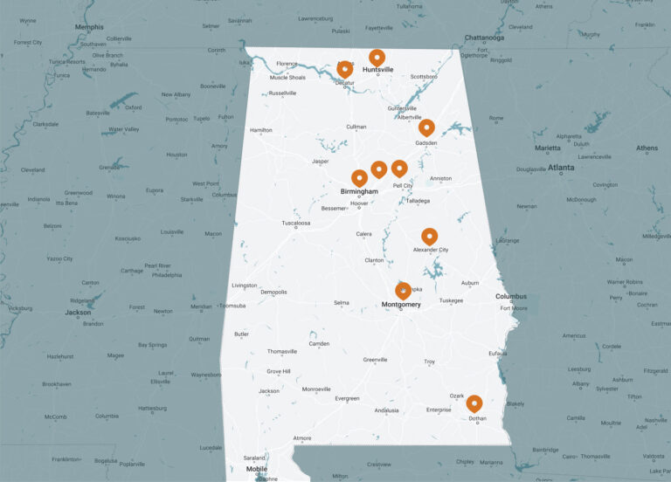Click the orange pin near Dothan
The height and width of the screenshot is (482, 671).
click(x=474, y=403)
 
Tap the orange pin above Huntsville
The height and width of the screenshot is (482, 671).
click(x=377, y=58)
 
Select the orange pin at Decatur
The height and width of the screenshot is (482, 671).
click(x=345, y=69)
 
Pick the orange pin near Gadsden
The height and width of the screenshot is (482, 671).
click(x=426, y=127)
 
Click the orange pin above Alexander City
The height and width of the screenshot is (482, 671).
click(x=429, y=236)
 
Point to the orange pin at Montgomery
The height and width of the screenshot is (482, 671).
click(x=403, y=290)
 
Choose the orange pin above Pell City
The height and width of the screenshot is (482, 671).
click(x=399, y=168)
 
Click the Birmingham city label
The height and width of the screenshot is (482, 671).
click(x=359, y=191)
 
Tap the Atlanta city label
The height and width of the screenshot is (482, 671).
click(x=561, y=167)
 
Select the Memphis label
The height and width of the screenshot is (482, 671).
click(x=89, y=27)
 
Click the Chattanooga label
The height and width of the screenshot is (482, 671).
click(x=483, y=38)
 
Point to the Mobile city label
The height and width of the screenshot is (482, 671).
click(x=256, y=469)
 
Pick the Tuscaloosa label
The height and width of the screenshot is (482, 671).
click(x=295, y=224)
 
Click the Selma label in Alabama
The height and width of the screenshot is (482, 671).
click(x=341, y=303)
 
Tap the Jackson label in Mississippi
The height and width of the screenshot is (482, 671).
click(x=78, y=313)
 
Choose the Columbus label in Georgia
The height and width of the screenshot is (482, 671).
click(x=511, y=296)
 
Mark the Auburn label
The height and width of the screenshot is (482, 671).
click(x=470, y=283)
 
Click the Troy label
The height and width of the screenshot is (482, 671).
click(x=429, y=361)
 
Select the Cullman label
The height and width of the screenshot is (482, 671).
click(x=356, y=127)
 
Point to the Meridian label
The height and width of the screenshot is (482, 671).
click(x=202, y=306)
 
